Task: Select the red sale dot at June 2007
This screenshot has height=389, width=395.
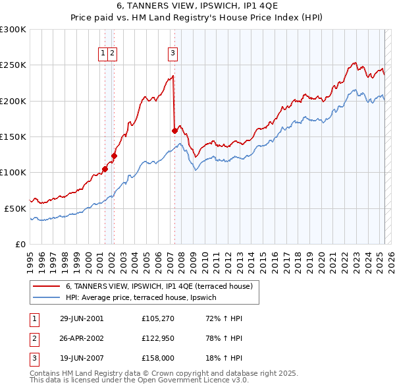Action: [174, 131]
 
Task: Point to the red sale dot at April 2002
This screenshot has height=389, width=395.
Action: [114, 156]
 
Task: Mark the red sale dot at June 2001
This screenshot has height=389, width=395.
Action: [105, 169]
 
